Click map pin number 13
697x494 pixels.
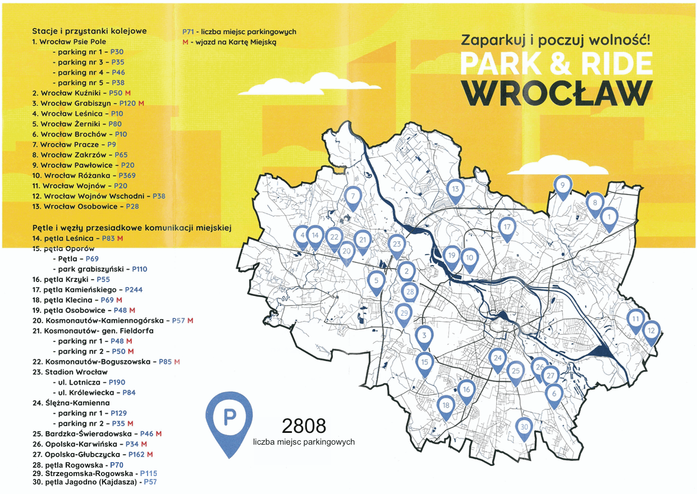[x=455, y=190]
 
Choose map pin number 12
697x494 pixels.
[x=651, y=331]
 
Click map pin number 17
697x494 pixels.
[x=507, y=228]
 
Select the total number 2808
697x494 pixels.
[x=304, y=426]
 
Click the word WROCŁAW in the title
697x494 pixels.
[x=557, y=93]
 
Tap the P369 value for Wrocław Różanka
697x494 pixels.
[x=127, y=176]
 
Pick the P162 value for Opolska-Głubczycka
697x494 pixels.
[x=137, y=454]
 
